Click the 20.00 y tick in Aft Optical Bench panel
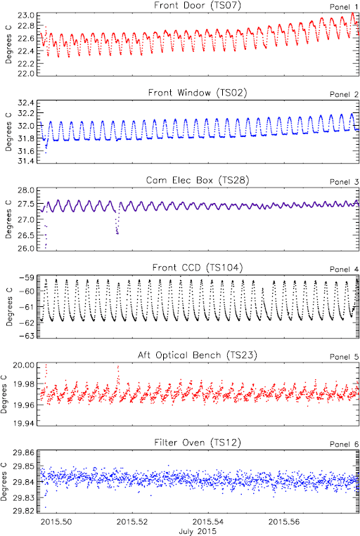click(x=24, y=366)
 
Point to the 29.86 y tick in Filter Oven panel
click(x=24, y=454)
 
